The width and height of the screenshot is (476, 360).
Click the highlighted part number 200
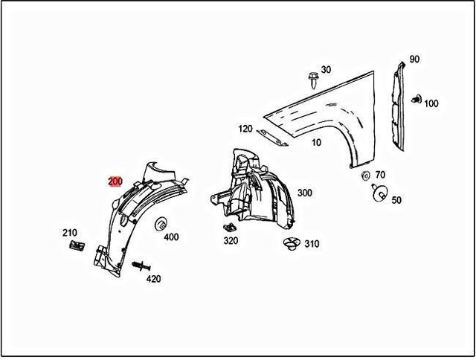[115, 181]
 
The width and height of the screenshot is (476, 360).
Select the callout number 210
[69, 234]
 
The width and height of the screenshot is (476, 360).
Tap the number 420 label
[153, 279]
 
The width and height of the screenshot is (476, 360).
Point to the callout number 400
[171, 237]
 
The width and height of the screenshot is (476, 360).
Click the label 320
[231, 240]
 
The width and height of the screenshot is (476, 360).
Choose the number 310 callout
[311, 244]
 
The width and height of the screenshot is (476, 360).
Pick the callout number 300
[304, 193]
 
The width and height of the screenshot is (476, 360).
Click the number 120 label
[245, 129]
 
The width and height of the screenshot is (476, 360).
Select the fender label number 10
[317, 142]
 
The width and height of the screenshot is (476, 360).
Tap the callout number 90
[414, 60]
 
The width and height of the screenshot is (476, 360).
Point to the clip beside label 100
[416, 98]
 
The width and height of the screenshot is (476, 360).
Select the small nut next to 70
[365, 176]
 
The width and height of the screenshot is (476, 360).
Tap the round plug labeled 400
[160, 223]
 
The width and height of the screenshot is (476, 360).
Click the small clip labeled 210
[74, 245]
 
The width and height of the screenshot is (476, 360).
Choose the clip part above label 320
[229, 226]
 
